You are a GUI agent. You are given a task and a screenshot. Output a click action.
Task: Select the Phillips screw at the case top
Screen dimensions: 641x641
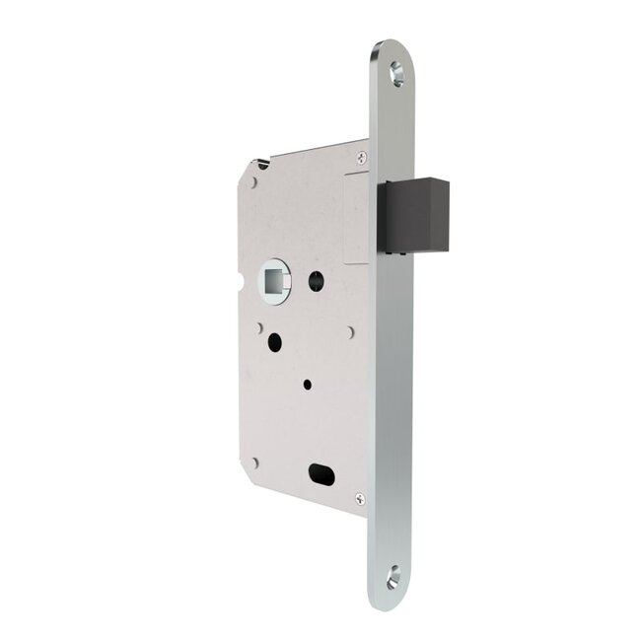click(x=362, y=155)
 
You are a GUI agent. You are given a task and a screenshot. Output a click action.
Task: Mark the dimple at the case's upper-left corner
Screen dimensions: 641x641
click(x=254, y=182)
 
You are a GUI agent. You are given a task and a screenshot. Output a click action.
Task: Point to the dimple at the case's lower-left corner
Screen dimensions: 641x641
click(x=254, y=461)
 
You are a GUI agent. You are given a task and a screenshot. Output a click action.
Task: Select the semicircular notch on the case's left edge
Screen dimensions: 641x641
click(x=240, y=292)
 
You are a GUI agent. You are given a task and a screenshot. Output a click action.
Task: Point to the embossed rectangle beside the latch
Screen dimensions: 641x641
click(x=357, y=198)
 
